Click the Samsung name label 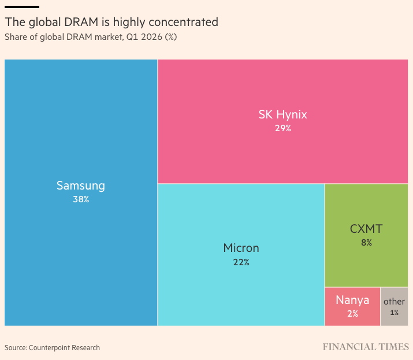coord(81,186)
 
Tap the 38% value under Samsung coord(81,199)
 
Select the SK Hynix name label coord(282,115)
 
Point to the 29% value coord(283,128)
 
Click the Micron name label coord(241,248)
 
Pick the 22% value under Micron coord(241,262)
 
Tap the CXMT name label coord(366,229)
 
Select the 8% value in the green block coord(366,243)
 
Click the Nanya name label coord(352,300)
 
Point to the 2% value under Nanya coord(352,314)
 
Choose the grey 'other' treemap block coord(395,306)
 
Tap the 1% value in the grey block coord(395,313)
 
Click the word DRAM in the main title coord(81,22)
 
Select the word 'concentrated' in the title coord(183,22)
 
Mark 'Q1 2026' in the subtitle coord(144,37)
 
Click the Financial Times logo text coord(366,347)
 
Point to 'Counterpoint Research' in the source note coord(64,348)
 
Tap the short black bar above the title coord(22,7)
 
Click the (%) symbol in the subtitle coord(170,37)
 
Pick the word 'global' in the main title coord(45,23)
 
